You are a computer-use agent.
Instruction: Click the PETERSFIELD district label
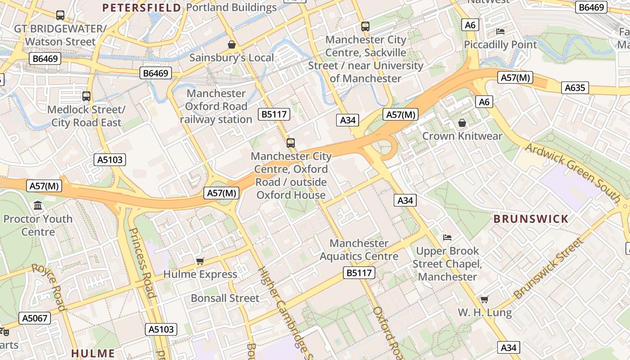tap(141, 8)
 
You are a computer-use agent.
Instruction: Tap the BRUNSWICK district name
tap(531, 219)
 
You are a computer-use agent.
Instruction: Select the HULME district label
tap(93, 353)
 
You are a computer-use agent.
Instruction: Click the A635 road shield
tap(575, 87)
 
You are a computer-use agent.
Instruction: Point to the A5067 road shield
tap(35, 318)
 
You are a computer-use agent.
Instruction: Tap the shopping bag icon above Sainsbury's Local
tap(232, 45)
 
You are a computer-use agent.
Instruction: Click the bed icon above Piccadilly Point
tap(500, 31)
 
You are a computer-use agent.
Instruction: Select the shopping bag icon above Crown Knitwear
tap(462, 123)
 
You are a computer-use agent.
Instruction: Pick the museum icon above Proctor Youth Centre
tap(38, 206)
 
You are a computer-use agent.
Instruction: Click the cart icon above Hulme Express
tap(200, 261)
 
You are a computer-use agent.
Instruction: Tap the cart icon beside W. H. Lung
tap(484, 300)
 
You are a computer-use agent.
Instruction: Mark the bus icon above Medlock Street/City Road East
tap(86, 96)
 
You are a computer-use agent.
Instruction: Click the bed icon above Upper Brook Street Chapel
tap(447, 238)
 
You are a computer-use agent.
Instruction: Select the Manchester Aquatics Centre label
tap(359, 250)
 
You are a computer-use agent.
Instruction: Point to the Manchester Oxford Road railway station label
tap(216, 106)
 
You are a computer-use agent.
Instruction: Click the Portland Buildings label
tap(231, 8)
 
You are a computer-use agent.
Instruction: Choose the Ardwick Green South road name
tap(573, 172)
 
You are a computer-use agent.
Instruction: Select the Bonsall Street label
tap(225, 298)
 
